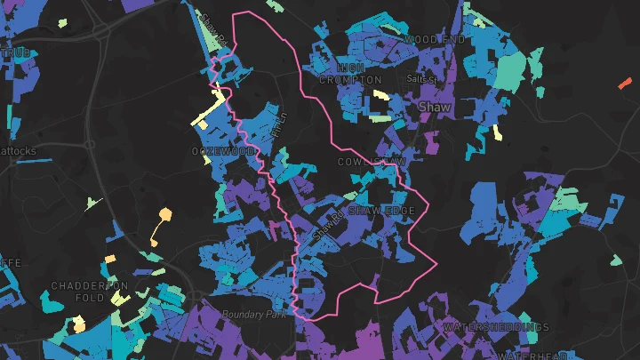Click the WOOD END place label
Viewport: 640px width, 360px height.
pos(434,40)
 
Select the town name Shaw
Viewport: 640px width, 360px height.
pos(435,107)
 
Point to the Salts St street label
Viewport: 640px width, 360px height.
pos(422,79)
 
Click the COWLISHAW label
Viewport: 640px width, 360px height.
pos(372,162)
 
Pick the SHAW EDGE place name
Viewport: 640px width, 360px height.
pos(381,211)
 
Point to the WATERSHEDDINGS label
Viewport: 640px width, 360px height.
pos(496,327)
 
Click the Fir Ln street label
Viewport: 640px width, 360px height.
pos(282,124)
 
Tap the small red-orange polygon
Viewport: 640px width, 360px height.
pos(623,84)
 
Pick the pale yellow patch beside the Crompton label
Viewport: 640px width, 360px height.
pos(380,94)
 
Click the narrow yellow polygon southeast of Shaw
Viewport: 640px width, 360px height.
pos(498,133)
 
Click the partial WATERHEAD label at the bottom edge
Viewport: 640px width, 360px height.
pos(532,354)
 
